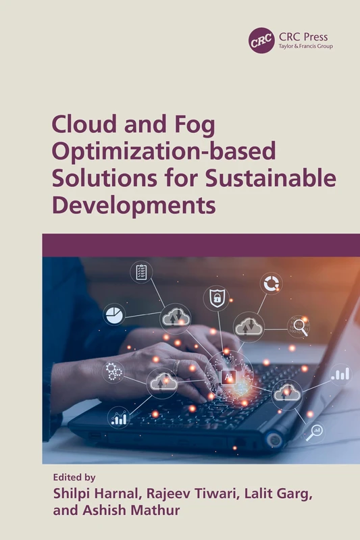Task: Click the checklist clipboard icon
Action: (x=141, y=272)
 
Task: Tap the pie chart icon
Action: (x=113, y=314)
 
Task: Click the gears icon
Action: (x=113, y=371)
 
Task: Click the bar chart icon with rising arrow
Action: (x=120, y=418)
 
